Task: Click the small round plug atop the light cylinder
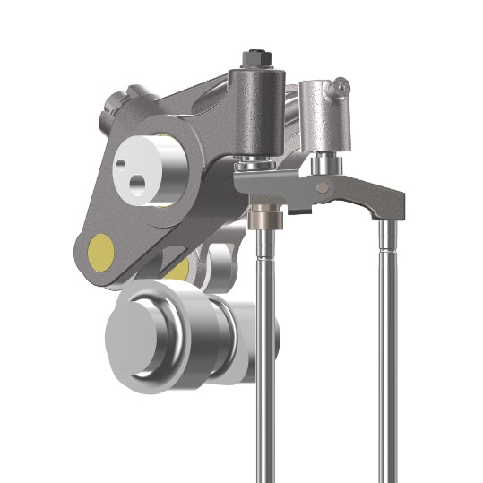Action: [x=340, y=86]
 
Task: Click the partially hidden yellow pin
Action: [x=178, y=267]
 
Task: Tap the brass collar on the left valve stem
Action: [x=265, y=215]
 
